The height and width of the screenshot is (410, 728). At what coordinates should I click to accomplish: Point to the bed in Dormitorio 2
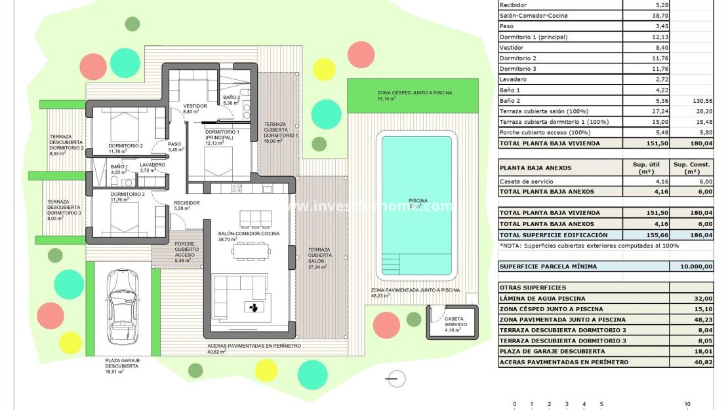125,125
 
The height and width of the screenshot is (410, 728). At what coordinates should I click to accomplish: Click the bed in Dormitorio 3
125,209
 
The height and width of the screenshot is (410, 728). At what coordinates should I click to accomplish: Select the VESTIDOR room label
195,106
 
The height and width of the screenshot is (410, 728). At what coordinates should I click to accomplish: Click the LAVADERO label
153,165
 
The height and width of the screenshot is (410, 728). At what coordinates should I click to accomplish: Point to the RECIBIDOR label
186,203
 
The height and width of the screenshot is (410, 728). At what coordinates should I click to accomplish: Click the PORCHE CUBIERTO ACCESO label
186,249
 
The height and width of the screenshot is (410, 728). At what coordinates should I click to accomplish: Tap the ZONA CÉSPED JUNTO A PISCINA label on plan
415,93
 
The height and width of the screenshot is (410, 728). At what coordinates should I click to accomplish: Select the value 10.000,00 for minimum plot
691,267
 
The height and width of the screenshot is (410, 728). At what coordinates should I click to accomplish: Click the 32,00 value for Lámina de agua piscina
691,298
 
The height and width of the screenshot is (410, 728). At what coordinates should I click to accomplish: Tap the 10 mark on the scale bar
687,404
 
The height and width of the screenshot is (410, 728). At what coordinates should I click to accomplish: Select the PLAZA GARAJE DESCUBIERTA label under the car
122,363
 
